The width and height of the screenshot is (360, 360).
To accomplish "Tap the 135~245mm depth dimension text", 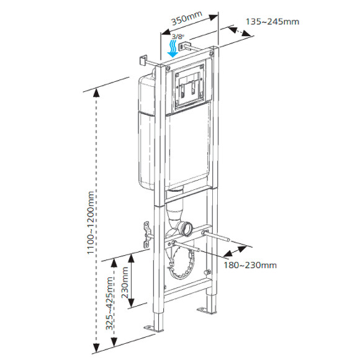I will [272, 22].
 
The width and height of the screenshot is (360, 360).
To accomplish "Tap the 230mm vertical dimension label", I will [126, 283].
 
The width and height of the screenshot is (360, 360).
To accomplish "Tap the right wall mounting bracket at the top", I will [182, 46].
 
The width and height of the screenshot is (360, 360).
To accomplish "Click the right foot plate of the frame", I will [205, 310].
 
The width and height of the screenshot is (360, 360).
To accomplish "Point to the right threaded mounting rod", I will [221, 237].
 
